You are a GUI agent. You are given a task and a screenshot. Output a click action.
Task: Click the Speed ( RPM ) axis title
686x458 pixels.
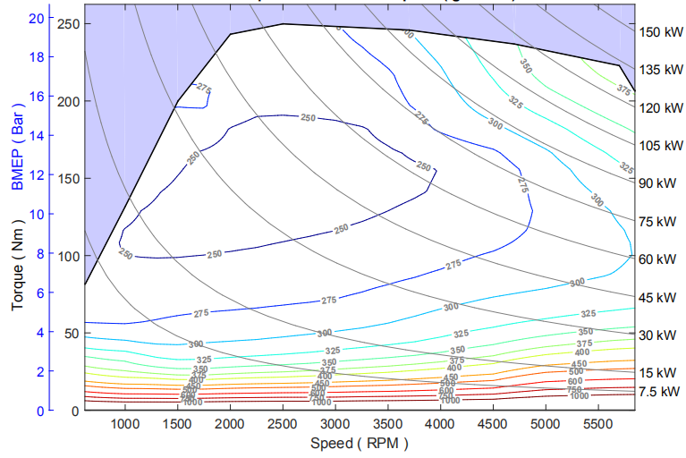click(x=359, y=443)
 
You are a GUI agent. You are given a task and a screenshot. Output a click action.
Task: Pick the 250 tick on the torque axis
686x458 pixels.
click(x=68, y=24)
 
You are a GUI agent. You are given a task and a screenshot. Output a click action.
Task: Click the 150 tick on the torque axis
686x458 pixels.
click(x=68, y=178)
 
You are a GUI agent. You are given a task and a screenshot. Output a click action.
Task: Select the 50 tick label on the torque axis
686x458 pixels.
click(x=72, y=333)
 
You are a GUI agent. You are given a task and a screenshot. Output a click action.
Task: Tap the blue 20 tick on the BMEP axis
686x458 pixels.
click(x=37, y=18)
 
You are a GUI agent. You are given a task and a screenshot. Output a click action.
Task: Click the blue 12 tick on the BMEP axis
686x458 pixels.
click(x=37, y=175)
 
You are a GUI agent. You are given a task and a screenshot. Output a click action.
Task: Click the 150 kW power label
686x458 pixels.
click(x=661, y=32)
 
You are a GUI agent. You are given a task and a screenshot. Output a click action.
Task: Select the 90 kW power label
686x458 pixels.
click(x=657, y=183)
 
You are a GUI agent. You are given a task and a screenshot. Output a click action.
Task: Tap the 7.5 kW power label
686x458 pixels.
click(x=659, y=392)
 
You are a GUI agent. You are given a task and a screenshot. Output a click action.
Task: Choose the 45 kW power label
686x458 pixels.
click(x=657, y=297)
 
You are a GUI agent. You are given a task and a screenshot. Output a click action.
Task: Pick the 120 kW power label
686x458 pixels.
click(x=661, y=108)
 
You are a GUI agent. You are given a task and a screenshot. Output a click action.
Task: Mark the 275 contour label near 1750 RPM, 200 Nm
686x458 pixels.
click(x=204, y=89)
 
